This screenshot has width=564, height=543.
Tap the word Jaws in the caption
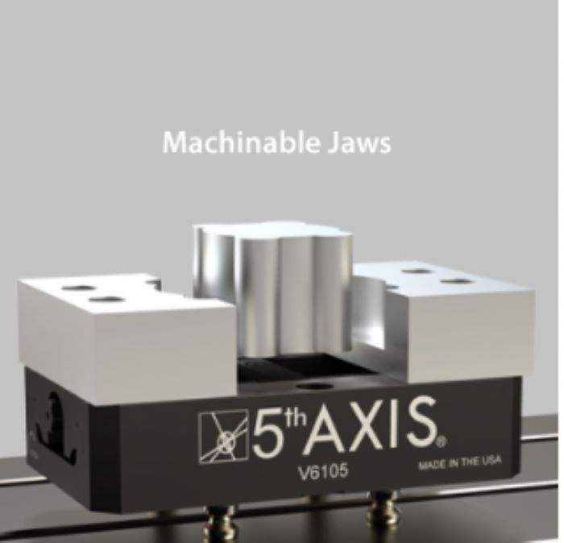click(359, 143)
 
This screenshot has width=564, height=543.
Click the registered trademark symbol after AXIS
click(443, 441)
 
